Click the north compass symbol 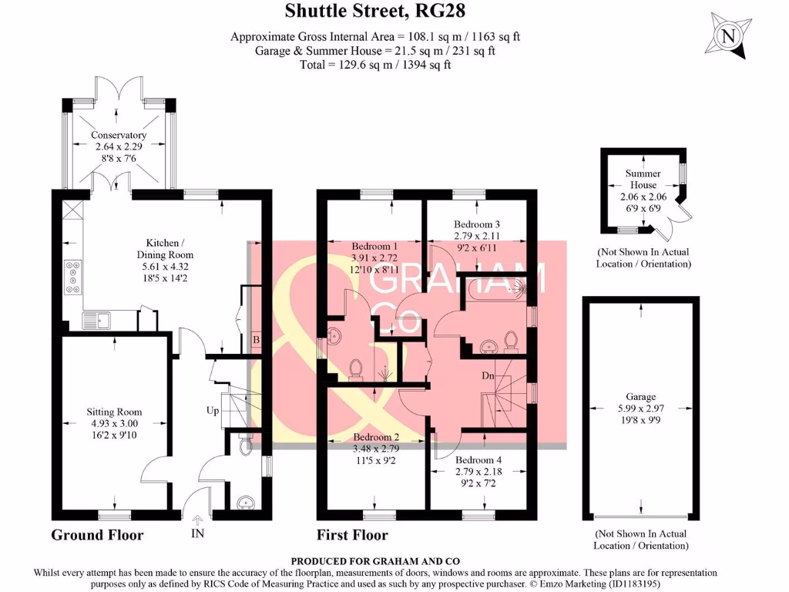728,36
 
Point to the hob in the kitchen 75,277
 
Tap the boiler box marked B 256,339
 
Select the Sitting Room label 114,412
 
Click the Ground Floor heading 97,534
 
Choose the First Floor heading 352,534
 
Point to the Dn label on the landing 488,377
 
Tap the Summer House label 643,179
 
